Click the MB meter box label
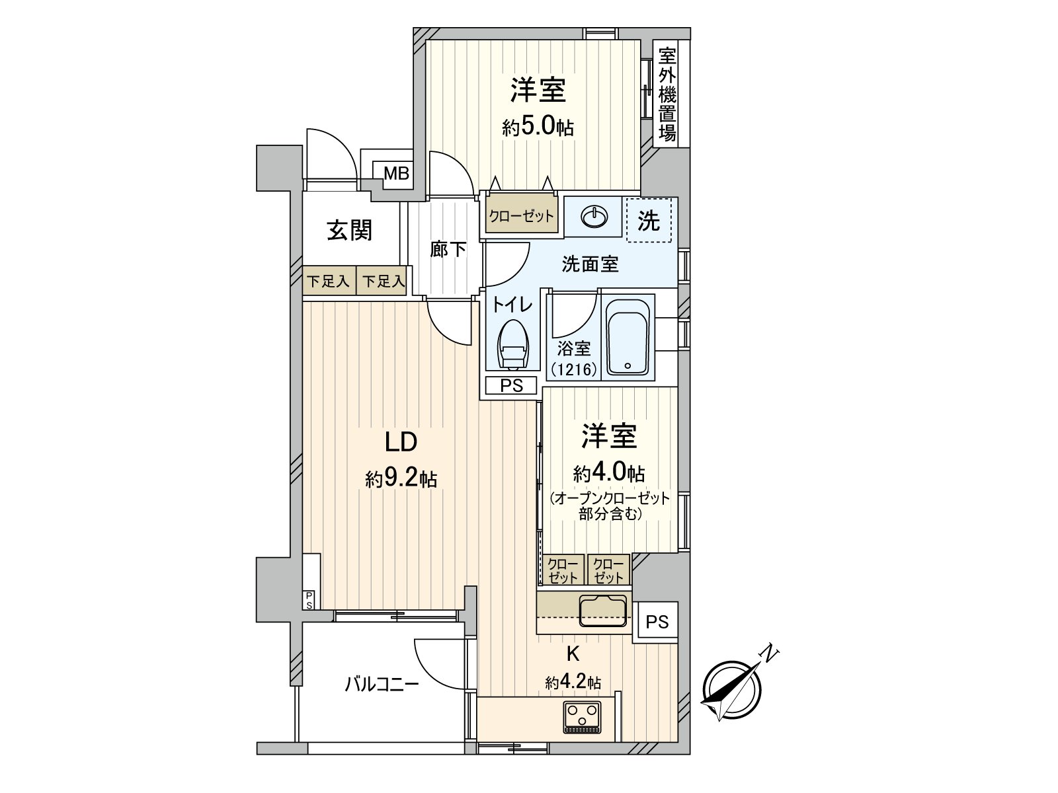click(397, 174)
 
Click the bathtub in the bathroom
click(629, 338)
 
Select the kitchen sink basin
click(602, 611)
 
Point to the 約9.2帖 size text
click(401, 478)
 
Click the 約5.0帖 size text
click(537, 126)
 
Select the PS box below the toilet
click(511, 386)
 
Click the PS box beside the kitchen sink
click(657, 621)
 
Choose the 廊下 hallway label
click(448, 250)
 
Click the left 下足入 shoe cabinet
click(329, 281)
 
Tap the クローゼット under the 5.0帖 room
click(521, 216)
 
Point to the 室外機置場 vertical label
click(667, 94)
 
